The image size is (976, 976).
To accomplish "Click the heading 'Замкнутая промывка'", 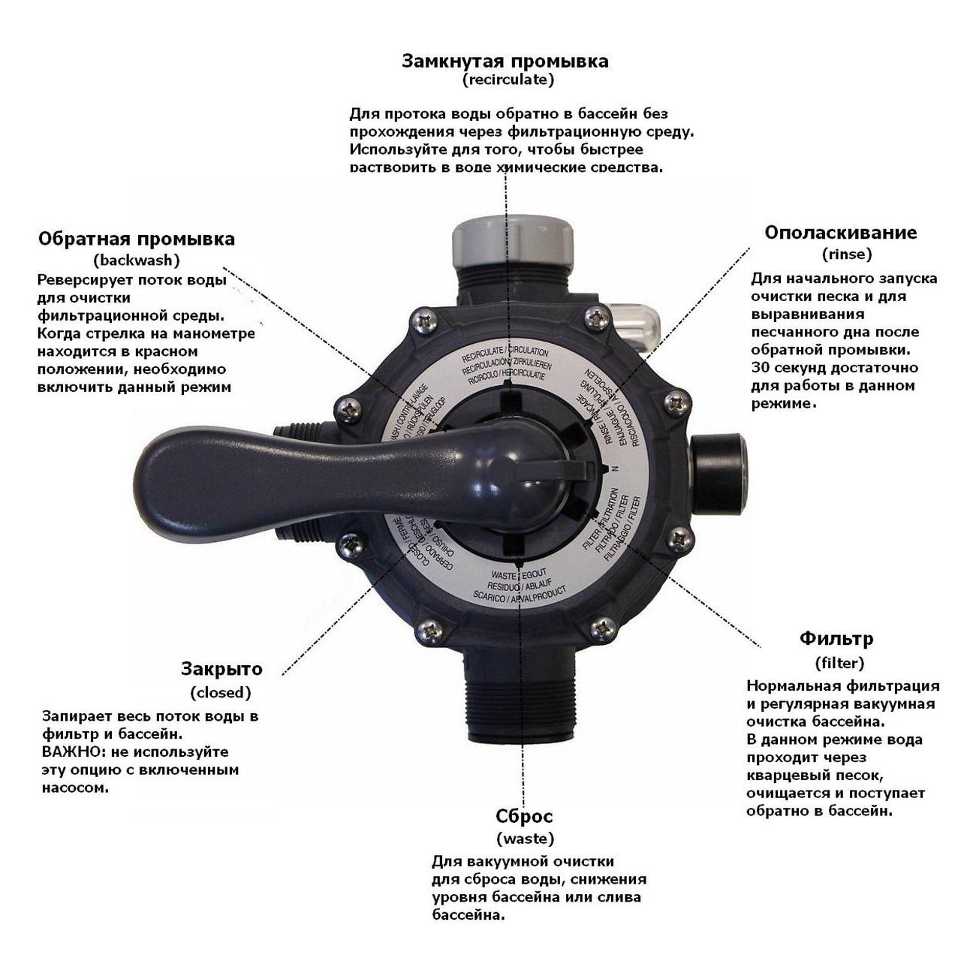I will tap(505, 61).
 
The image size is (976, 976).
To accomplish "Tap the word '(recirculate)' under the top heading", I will tap(508, 79).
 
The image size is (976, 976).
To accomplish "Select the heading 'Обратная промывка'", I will tap(136, 239).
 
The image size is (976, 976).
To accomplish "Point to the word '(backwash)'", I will tap(137, 260).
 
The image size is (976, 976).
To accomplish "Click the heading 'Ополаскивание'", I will tap(840, 232).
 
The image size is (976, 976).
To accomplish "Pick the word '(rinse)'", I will tap(847, 254).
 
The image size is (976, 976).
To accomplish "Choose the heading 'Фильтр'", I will tap(836, 639).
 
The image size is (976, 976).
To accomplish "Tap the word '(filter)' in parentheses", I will tap(839, 663).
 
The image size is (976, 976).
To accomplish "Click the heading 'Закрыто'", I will tap(221, 669).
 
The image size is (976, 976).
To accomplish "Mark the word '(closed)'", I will tap(221, 692).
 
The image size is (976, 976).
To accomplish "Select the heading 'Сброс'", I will tap(524, 816).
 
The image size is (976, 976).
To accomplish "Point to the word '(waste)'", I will tap(525, 838).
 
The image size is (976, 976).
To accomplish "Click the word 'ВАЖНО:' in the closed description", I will tap(68, 752).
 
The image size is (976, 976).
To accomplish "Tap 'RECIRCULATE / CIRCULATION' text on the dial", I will tap(505, 352).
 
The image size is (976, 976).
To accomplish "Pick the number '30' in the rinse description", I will tap(760, 368).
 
